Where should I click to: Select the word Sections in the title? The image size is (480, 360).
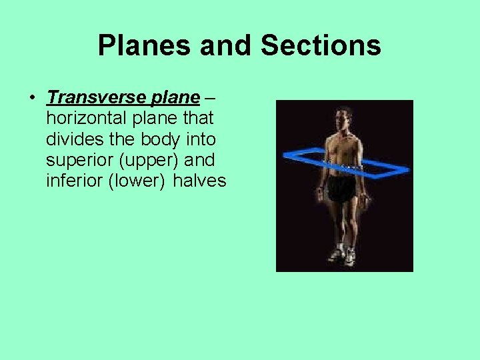pyautogui.click(x=321, y=46)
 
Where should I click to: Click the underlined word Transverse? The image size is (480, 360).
pyautogui.click(x=89, y=97)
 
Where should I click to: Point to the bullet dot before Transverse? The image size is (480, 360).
pyautogui.click(x=32, y=98)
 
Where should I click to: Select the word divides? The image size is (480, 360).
pyautogui.click(x=72, y=139)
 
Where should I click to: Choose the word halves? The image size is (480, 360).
pyautogui.click(x=200, y=181)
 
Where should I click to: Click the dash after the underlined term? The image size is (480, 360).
pyautogui.click(x=210, y=98)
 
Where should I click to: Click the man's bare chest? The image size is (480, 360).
pyautogui.click(x=343, y=146)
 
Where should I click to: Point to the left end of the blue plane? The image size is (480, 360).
pyautogui.click(x=285, y=154)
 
